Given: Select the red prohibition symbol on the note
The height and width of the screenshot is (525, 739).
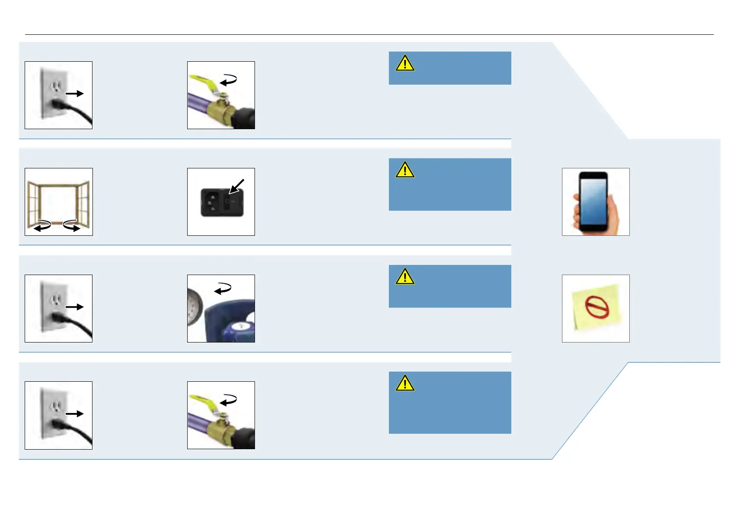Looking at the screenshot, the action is click(597, 307).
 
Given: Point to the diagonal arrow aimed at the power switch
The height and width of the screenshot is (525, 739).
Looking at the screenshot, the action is click(236, 186).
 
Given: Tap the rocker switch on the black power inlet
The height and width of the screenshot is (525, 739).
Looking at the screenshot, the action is click(228, 202).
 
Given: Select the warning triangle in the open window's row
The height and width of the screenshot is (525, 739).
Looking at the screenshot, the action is click(405, 170).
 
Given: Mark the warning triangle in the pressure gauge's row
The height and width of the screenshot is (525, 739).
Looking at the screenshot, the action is click(405, 276).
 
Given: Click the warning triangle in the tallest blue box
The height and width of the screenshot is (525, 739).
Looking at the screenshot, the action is click(405, 383).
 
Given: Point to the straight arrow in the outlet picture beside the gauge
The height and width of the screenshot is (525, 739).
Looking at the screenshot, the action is click(74, 307).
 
